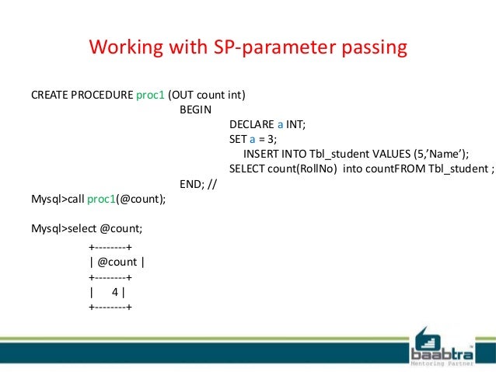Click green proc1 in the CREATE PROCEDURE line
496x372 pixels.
tap(150, 95)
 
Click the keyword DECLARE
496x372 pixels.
tap(251, 124)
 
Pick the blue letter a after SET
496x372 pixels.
tap(252, 139)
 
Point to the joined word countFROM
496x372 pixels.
tap(394, 169)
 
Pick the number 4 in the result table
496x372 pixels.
tap(115, 292)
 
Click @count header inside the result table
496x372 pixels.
tap(117, 262)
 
